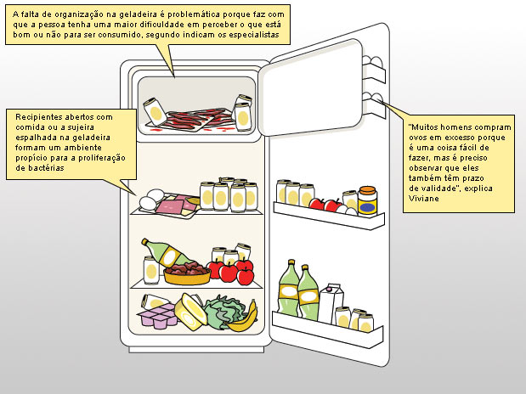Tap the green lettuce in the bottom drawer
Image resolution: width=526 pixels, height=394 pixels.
(223, 312)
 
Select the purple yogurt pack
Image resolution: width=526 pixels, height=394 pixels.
(157, 315)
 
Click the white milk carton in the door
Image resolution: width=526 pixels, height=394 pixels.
(331, 304)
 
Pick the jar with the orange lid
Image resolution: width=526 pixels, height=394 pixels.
(367, 200)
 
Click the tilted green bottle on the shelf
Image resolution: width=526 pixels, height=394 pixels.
(167, 254)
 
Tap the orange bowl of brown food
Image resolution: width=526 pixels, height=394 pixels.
(187, 273)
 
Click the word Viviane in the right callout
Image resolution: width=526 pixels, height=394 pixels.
(424, 199)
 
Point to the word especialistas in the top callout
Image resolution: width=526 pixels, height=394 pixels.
(254, 35)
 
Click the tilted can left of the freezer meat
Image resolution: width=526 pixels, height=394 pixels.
(155, 112)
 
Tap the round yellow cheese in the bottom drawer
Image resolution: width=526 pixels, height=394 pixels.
(190, 312)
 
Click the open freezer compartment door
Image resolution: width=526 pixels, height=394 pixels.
(311, 87)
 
